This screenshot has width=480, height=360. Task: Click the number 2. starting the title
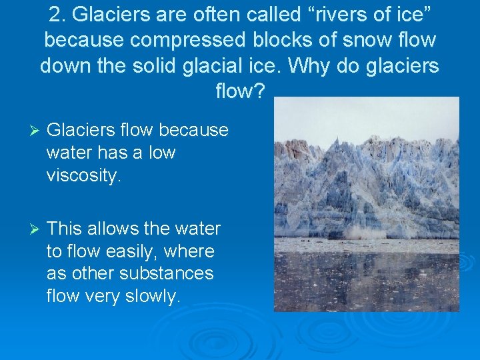[58, 15]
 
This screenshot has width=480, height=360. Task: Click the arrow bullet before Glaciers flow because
[27, 130]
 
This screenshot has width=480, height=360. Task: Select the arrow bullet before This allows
[27, 229]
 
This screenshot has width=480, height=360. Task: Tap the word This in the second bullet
[64, 229]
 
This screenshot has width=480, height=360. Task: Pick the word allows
[111, 229]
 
